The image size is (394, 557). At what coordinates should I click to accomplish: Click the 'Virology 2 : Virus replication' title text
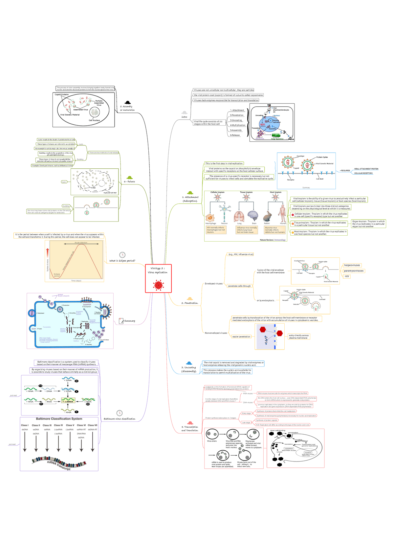tap(158, 270)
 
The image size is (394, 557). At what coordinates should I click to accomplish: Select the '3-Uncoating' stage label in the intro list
tap(236, 120)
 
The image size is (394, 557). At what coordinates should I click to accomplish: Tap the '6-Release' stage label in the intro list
tap(235, 135)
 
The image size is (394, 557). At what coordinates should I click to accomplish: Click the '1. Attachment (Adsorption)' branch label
tap(190, 199)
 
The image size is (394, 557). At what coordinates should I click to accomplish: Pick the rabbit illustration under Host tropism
tap(267, 217)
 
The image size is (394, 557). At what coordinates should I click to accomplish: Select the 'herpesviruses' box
tap(352, 265)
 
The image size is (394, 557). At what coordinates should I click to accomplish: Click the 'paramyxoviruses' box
tap(354, 271)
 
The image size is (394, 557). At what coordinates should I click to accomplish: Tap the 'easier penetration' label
tap(241, 337)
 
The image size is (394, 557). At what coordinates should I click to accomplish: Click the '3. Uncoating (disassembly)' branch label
tap(189, 369)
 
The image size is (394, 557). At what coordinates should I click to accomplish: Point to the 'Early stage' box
tap(247, 414)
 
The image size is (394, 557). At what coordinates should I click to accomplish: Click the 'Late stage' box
tap(246, 423)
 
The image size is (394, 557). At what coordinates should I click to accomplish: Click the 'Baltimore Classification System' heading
tap(59, 419)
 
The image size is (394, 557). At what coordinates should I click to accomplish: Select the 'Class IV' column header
tap(58, 425)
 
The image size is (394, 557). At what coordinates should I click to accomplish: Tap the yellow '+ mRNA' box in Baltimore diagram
tap(68, 401)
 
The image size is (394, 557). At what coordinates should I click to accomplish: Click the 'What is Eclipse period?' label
tap(122, 261)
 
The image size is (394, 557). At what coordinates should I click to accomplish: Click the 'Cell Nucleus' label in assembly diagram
tap(94, 120)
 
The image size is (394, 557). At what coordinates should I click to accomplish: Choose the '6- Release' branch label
tap(129, 182)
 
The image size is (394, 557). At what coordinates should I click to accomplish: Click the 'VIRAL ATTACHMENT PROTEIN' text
tap(366, 169)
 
